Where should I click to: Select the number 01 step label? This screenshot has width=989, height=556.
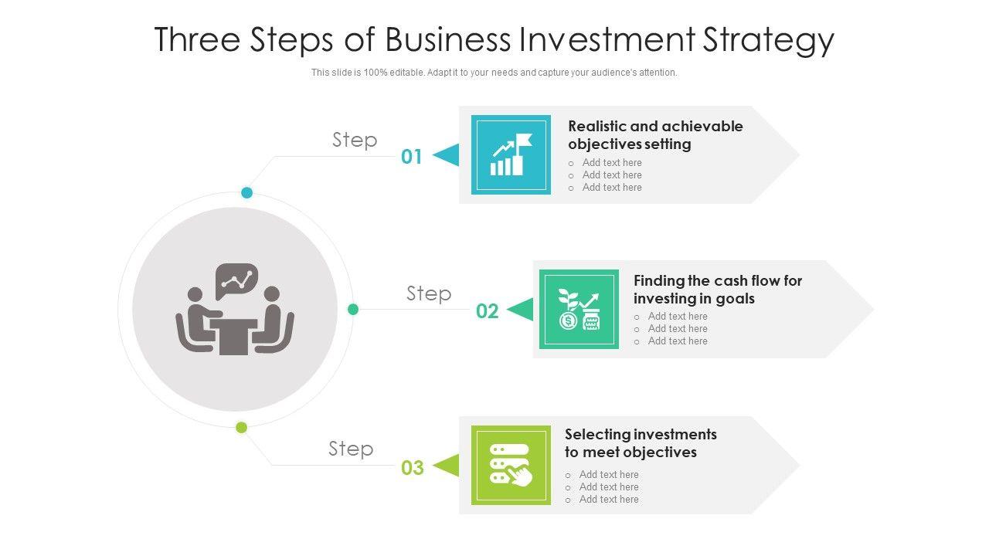[412, 157]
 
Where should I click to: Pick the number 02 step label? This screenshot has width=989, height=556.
[487, 311]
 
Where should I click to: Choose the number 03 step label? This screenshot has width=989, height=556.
[413, 467]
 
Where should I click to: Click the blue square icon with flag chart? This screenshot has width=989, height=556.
[511, 154]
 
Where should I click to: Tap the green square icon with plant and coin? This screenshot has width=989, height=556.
[579, 309]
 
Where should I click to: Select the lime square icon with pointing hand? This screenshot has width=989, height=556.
[511, 465]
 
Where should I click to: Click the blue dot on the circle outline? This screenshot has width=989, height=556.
[247, 192]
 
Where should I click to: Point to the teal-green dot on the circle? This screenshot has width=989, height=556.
[353, 310]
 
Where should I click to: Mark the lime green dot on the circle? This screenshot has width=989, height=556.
[242, 427]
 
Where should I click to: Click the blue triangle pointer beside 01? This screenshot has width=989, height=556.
[447, 155]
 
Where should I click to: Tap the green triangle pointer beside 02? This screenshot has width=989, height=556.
[521, 310]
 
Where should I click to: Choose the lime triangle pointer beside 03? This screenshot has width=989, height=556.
[447, 466]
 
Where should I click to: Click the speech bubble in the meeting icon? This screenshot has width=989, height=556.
[236, 280]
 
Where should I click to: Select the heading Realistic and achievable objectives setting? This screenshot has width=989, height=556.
[654, 135]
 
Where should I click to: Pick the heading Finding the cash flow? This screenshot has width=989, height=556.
[717, 289]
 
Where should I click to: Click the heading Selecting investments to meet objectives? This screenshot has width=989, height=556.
[640, 443]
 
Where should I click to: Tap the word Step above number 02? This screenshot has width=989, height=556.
[429, 293]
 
